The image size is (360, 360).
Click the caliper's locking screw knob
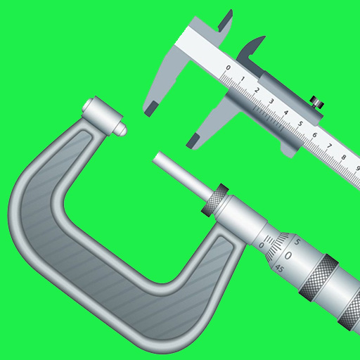[x=317, y=103]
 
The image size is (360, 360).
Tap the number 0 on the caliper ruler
[x=227, y=68]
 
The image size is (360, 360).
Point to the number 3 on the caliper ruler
[x=271, y=101]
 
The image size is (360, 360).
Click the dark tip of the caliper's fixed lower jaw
[x=149, y=108]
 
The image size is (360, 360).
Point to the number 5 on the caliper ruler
[x=300, y=124]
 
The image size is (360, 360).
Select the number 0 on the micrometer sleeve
[x=262, y=245]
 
